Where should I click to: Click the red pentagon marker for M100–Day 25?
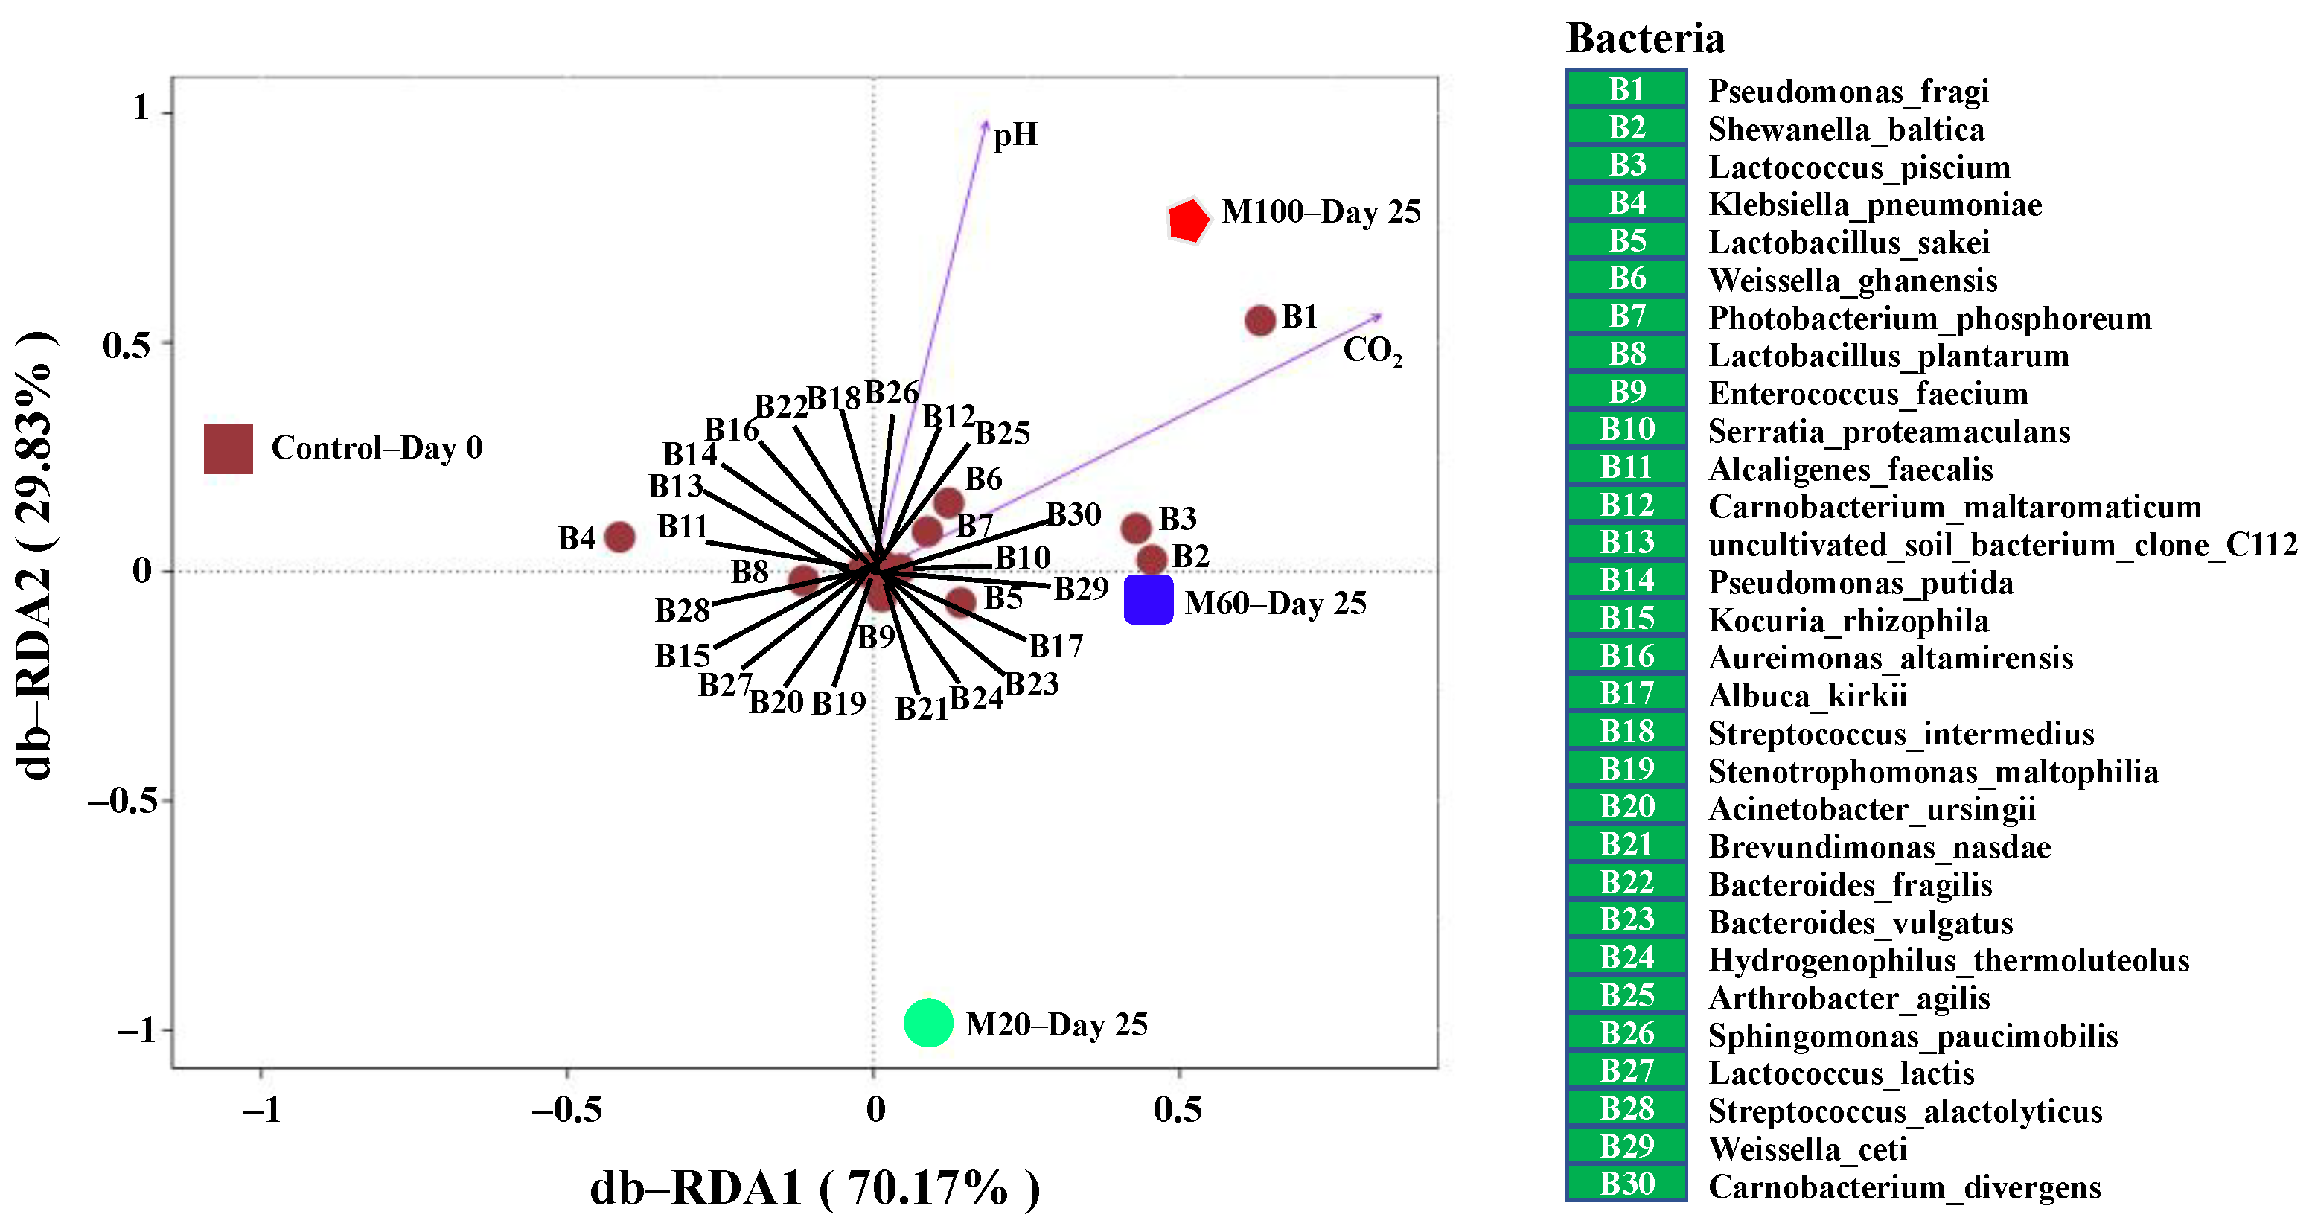[x=1187, y=220]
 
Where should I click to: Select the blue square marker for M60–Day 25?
[x=1148, y=600]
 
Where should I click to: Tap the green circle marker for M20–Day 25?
[x=928, y=1023]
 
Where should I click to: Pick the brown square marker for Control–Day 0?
[x=228, y=449]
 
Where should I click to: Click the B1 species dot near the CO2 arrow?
[x=1260, y=321]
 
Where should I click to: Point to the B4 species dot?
[x=619, y=537]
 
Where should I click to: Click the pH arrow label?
[x=1015, y=135]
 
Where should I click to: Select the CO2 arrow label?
[x=1371, y=351]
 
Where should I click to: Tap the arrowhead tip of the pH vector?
[x=986, y=121]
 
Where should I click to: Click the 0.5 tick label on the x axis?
[x=1178, y=1111]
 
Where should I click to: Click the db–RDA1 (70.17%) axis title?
[x=814, y=1188]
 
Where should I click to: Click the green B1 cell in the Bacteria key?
[x=1626, y=90]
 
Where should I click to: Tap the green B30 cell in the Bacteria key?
[x=1626, y=1184]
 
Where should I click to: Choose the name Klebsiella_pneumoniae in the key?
[x=1874, y=205]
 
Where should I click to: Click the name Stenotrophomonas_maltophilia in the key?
[x=1932, y=772]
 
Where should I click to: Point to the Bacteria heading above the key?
[x=1645, y=39]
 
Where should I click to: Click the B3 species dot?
[x=1135, y=529]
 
